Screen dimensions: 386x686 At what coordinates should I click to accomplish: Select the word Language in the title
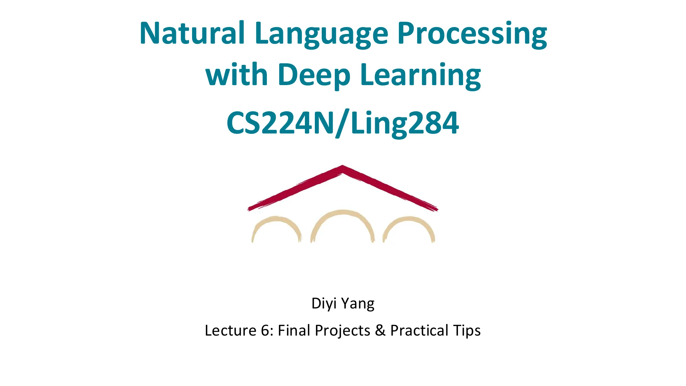click(x=321, y=34)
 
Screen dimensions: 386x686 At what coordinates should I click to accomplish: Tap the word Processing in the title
click(x=472, y=34)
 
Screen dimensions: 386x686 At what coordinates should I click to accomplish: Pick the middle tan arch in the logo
click(x=343, y=214)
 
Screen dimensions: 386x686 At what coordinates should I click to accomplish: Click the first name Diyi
click(x=324, y=304)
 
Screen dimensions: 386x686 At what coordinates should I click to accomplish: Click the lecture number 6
click(x=265, y=330)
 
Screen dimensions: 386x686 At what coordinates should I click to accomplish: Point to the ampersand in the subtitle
click(x=380, y=330)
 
